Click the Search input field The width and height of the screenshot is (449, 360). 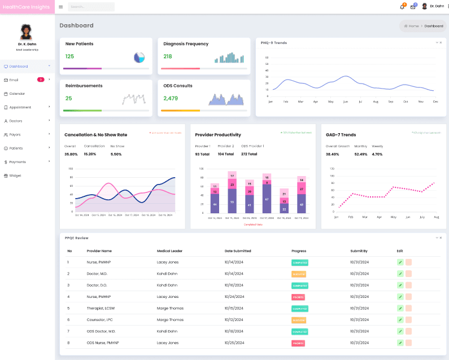pyautogui.click(x=91, y=7)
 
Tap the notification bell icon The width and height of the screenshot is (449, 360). pyautogui.click(x=402, y=7)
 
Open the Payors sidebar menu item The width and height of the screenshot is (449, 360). pyautogui.click(x=15, y=134)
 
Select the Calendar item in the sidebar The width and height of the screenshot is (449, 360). pyautogui.click(x=16, y=94)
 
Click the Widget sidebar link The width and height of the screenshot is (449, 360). pyautogui.click(x=15, y=175)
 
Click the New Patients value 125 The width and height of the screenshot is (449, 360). pyautogui.click(x=69, y=56)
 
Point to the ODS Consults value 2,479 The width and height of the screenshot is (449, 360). pyautogui.click(x=171, y=98)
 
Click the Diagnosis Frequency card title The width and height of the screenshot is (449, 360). pyautogui.click(x=186, y=44)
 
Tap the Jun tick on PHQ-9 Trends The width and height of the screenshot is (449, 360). pyautogui.click(x=345, y=102)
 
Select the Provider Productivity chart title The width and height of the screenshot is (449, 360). pyautogui.click(x=218, y=135)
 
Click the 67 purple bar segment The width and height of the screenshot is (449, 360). pyautogui.click(x=266, y=199)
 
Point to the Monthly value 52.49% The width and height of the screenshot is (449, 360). pyautogui.click(x=360, y=154)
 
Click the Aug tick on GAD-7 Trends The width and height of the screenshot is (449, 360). pyautogui.click(x=436, y=217)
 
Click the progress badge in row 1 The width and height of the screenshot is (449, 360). pyautogui.click(x=299, y=262)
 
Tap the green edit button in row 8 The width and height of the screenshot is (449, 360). pyautogui.click(x=400, y=343)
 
